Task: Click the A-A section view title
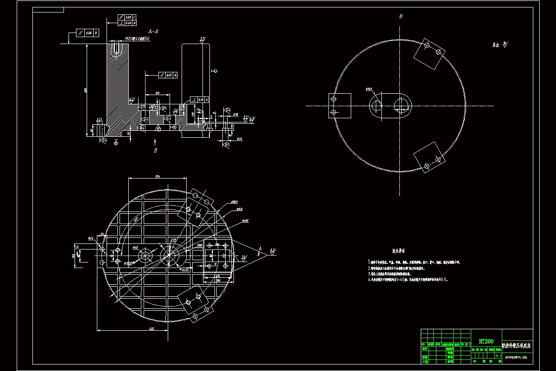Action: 153,32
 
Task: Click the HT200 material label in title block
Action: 486,340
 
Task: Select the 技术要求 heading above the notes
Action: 398,251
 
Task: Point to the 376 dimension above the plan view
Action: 158,176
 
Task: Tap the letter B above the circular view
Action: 401,16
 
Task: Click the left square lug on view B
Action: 340,106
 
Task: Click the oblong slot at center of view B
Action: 390,106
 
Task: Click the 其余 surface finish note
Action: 499,45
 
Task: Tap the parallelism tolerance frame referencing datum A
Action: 167,75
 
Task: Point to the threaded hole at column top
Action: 117,47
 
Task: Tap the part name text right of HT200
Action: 517,346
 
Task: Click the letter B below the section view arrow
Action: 156,150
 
